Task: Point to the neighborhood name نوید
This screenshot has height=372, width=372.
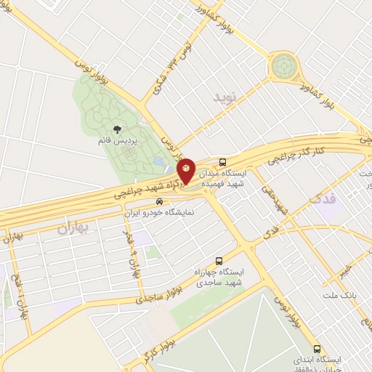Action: pos(225,96)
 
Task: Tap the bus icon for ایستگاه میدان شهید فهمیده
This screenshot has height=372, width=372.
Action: pos(222,162)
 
